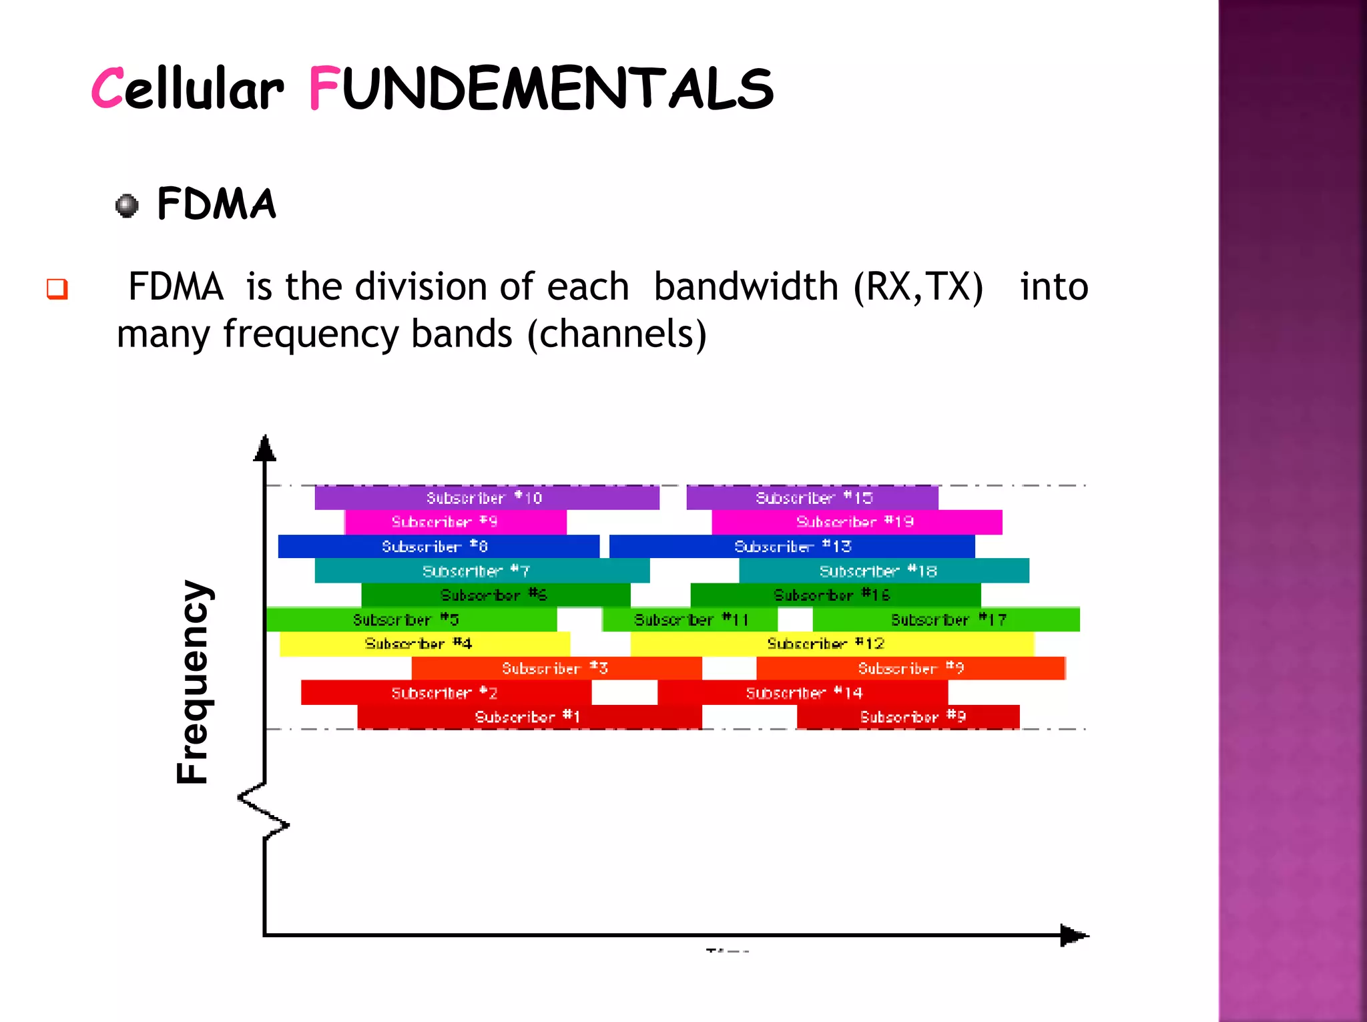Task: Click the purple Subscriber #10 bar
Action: [x=487, y=498]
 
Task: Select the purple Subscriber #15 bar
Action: [x=812, y=498]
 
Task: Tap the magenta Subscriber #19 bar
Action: [x=856, y=522]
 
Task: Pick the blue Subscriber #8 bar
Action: [x=439, y=547]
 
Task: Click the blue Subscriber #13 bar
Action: [x=792, y=547]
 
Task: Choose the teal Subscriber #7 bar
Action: [x=482, y=571]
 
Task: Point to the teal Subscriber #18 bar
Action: [x=884, y=571]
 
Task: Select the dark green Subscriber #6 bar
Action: [x=495, y=595]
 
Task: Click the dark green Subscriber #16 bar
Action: [x=835, y=595]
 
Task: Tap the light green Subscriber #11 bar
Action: [x=690, y=620]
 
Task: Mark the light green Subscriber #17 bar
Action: [x=946, y=620]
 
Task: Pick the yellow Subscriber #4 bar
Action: [x=425, y=644]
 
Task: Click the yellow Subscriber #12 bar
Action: [x=832, y=644]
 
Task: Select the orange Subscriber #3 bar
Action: [x=556, y=669]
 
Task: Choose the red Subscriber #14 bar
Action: [x=802, y=694]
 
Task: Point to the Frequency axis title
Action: [x=194, y=681]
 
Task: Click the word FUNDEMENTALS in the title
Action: [x=541, y=89]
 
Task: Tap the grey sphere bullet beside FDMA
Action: [x=127, y=206]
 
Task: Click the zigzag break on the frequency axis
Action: [x=264, y=811]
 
